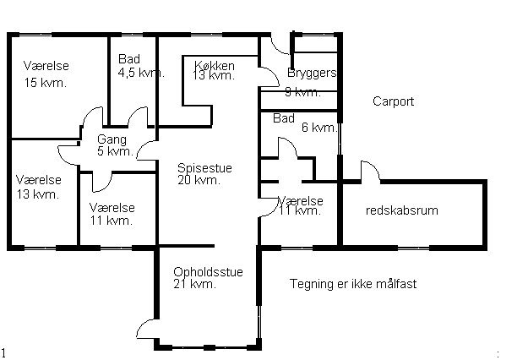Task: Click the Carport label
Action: click(x=393, y=101)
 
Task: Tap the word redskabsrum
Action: click(x=401, y=210)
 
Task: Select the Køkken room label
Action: click(x=214, y=65)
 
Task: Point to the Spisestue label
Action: click(x=204, y=168)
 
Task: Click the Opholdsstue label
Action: click(x=208, y=272)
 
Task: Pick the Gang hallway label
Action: click(x=111, y=139)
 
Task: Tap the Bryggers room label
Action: click(x=312, y=74)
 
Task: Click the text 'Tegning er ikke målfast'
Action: click(x=352, y=284)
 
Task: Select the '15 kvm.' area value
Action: click(x=46, y=83)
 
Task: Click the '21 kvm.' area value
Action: click(x=194, y=285)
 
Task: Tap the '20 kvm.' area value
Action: click(x=199, y=180)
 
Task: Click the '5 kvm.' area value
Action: click(x=114, y=152)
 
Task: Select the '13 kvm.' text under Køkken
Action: click(x=213, y=76)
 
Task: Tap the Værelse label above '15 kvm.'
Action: click(x=46, y=66)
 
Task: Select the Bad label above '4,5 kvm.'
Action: click(x=128, y=60)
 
